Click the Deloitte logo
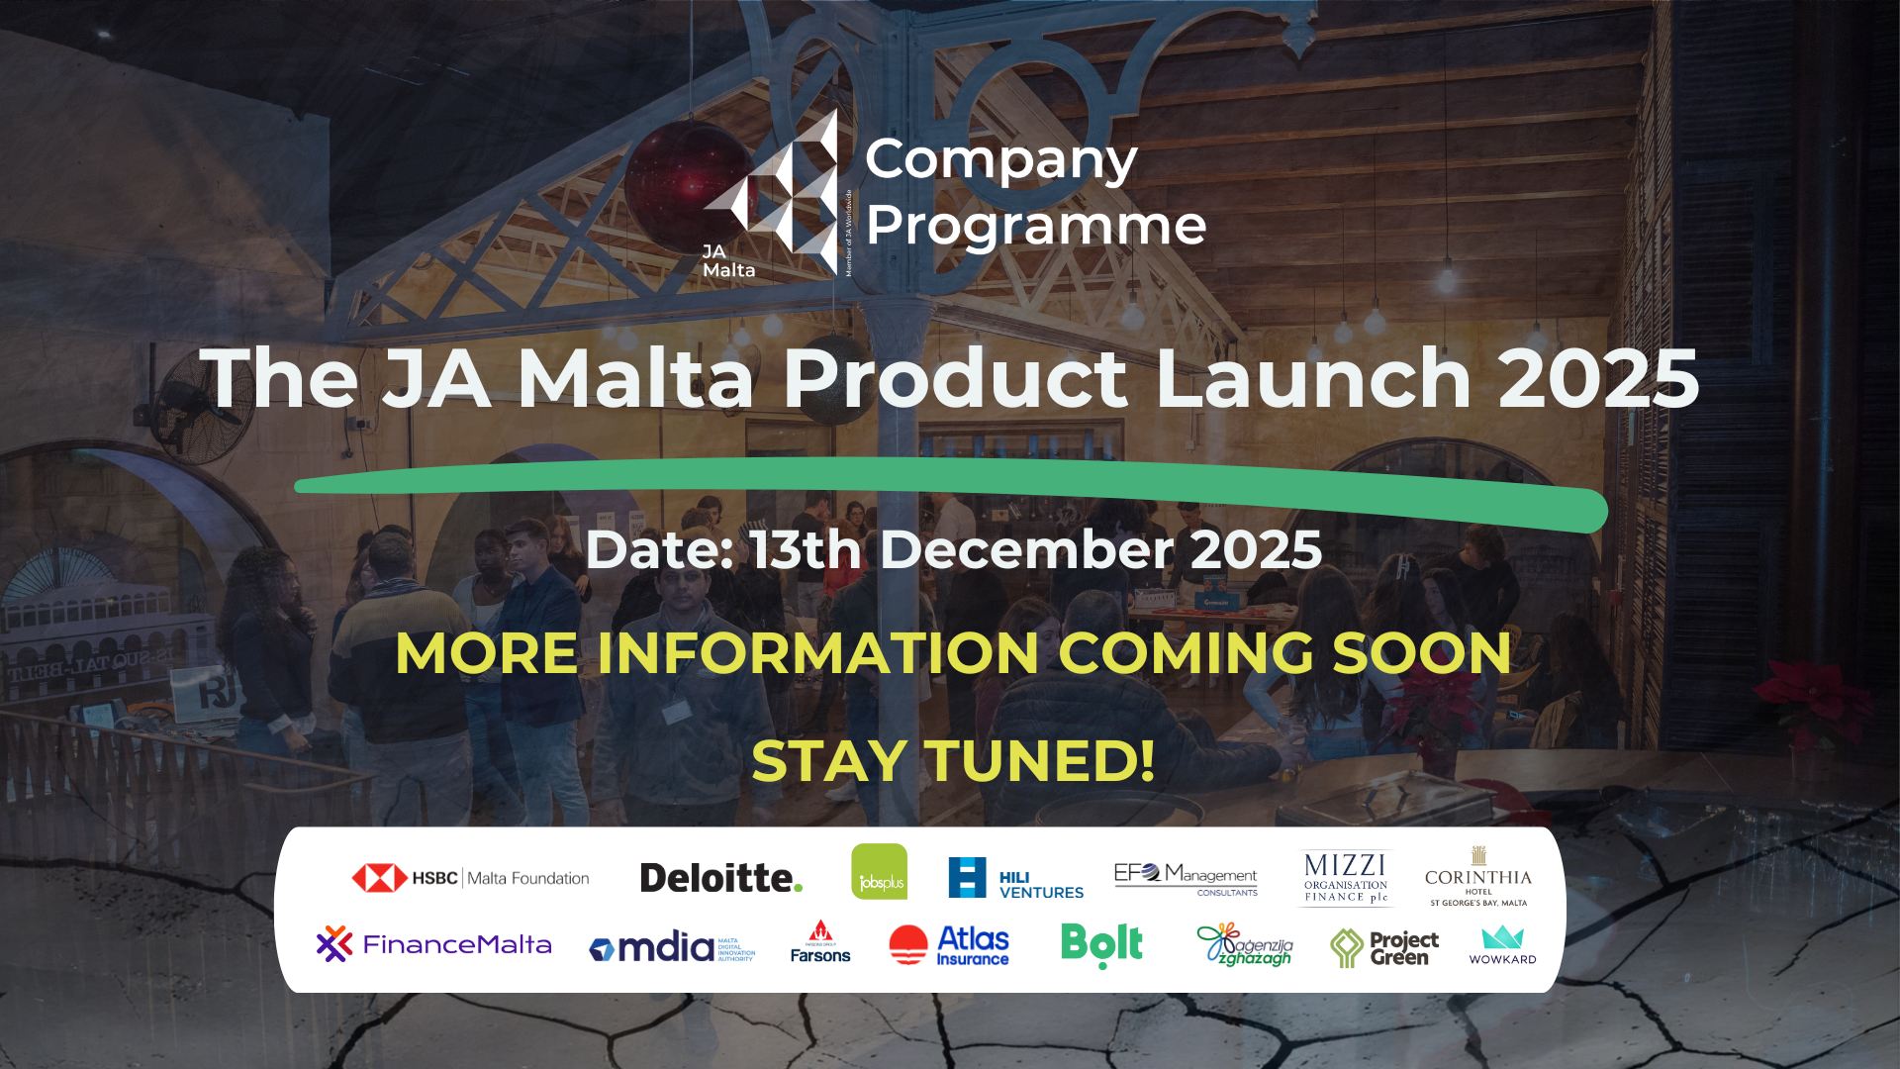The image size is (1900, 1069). click(720, 878)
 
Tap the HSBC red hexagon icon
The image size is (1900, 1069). click(379, 878)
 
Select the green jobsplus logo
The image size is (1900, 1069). click(879, 872)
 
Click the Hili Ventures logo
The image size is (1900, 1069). click(1015, 878)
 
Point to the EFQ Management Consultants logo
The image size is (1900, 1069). click(1186, 878)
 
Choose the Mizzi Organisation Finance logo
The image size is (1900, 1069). click(1345, 878)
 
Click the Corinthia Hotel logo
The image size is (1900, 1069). click(1477, 877)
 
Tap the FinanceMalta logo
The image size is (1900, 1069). click(433, 944)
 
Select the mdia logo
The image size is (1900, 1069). click(671, 947)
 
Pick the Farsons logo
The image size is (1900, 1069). click(820, 943)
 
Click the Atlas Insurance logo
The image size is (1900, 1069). click(949, 945)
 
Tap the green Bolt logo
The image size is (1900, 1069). click(1101, 944)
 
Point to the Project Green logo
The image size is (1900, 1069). click(1383, 947)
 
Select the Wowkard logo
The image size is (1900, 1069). click(1502, 944)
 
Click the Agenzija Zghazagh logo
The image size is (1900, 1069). click(1244, 945)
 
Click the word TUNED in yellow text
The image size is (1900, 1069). click(1040, 761)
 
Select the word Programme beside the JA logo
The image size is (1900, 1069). click(1035, 227)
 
